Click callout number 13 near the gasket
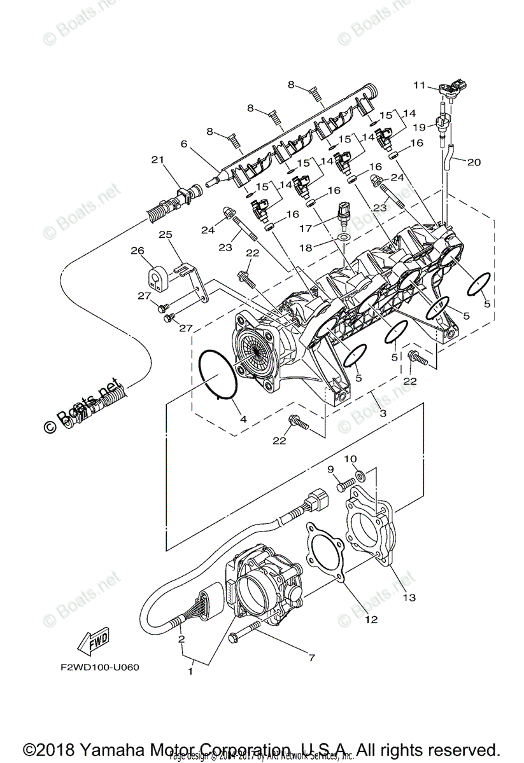click(409, 597)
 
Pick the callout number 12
click(371, 619)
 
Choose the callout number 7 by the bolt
click(311, 657)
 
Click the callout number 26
click(137, 251)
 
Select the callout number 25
click(166, 235)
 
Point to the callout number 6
click(184, 144)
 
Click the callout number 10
click(350, 458)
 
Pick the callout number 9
click(330, 469)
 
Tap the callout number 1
click(190, 670)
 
